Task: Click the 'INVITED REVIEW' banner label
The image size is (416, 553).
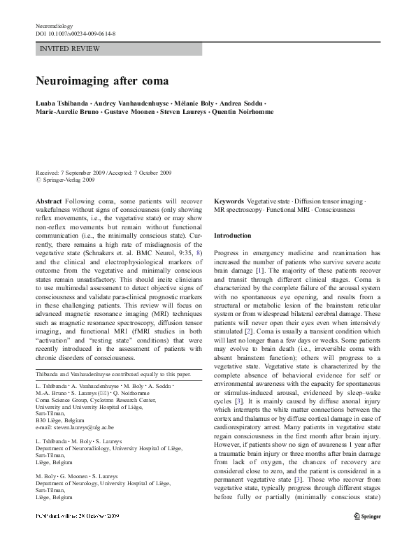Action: click(x=70, y=49)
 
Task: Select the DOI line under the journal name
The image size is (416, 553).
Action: click(x=76, y=33)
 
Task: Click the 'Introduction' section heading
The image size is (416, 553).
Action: click(x=233, y=236)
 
